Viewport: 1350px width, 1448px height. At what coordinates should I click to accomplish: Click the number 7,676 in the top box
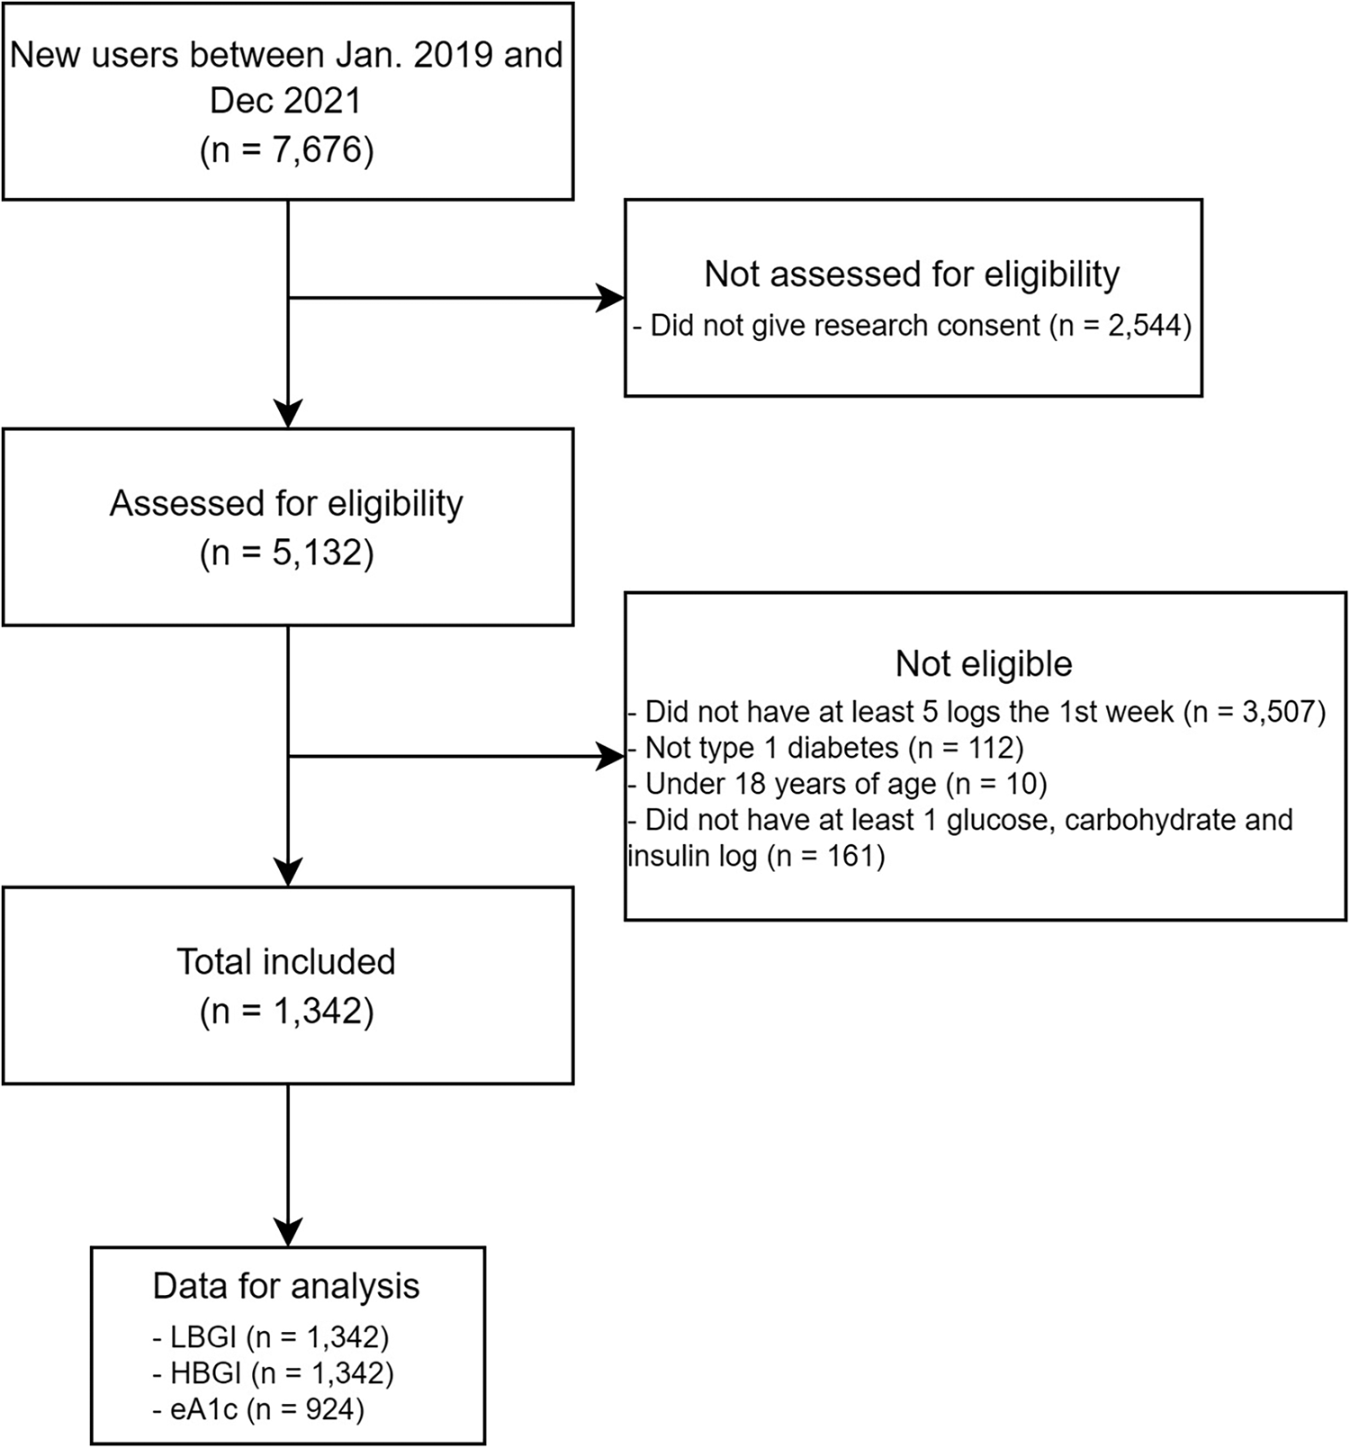[x=310, y=148]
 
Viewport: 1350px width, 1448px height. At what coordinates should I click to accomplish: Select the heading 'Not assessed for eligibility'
[x=912, y=274]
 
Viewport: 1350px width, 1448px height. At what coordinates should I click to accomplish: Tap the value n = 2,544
[x=1125, y=325]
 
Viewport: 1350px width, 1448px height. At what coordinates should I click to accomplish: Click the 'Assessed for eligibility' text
[x=286, y=503]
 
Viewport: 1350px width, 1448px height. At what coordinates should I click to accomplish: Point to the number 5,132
[x=310, y=552]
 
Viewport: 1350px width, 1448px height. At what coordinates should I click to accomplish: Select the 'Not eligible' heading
[x=984, y=663]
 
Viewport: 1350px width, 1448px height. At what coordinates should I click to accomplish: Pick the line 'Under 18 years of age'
[x=790, y=784]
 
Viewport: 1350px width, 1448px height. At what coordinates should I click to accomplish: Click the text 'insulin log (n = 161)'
[x=756, y=855]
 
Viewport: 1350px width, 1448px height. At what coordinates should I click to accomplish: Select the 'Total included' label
[x=286, y=961]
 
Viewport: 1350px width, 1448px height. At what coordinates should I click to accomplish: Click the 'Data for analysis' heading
[x=286, y=1285]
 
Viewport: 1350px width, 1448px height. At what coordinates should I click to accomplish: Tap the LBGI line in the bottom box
[x=271, y=1337]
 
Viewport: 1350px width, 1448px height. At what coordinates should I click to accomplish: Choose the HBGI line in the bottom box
[x=274, y=1373]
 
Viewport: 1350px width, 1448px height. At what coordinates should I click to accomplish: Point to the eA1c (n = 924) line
[x=258, y=1409]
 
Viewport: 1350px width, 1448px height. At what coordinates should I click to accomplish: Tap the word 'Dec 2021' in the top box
[x=285, y=100]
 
